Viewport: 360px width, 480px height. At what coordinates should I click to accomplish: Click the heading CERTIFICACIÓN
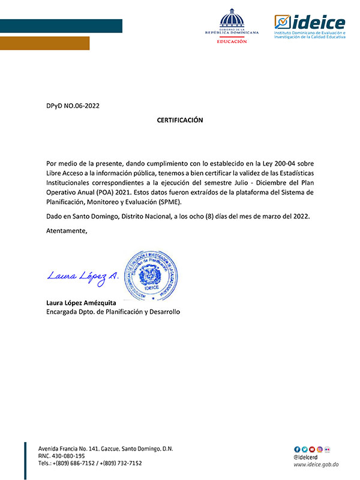pyautogui.click(x=180, y=120)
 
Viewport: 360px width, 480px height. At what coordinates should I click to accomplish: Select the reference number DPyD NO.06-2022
pyautogui.click(x=73, y=106)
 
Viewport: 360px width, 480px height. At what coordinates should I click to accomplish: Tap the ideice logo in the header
pyautogui.click(x=310, y=26)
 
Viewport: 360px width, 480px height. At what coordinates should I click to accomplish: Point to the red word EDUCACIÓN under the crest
pyautogui.click(x=232, y=41)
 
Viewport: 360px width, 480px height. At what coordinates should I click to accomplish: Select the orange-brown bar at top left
pyautogui.click(x=44, y=43)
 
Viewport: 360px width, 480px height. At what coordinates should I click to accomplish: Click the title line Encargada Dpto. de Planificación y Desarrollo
pyautogui.click(x=113, y=312)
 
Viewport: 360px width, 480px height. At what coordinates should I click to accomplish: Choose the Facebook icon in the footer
pyautogui.click(x=296, y=449)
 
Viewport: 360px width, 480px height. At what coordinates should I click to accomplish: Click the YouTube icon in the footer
pyautogui.click(x=312, y=449)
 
